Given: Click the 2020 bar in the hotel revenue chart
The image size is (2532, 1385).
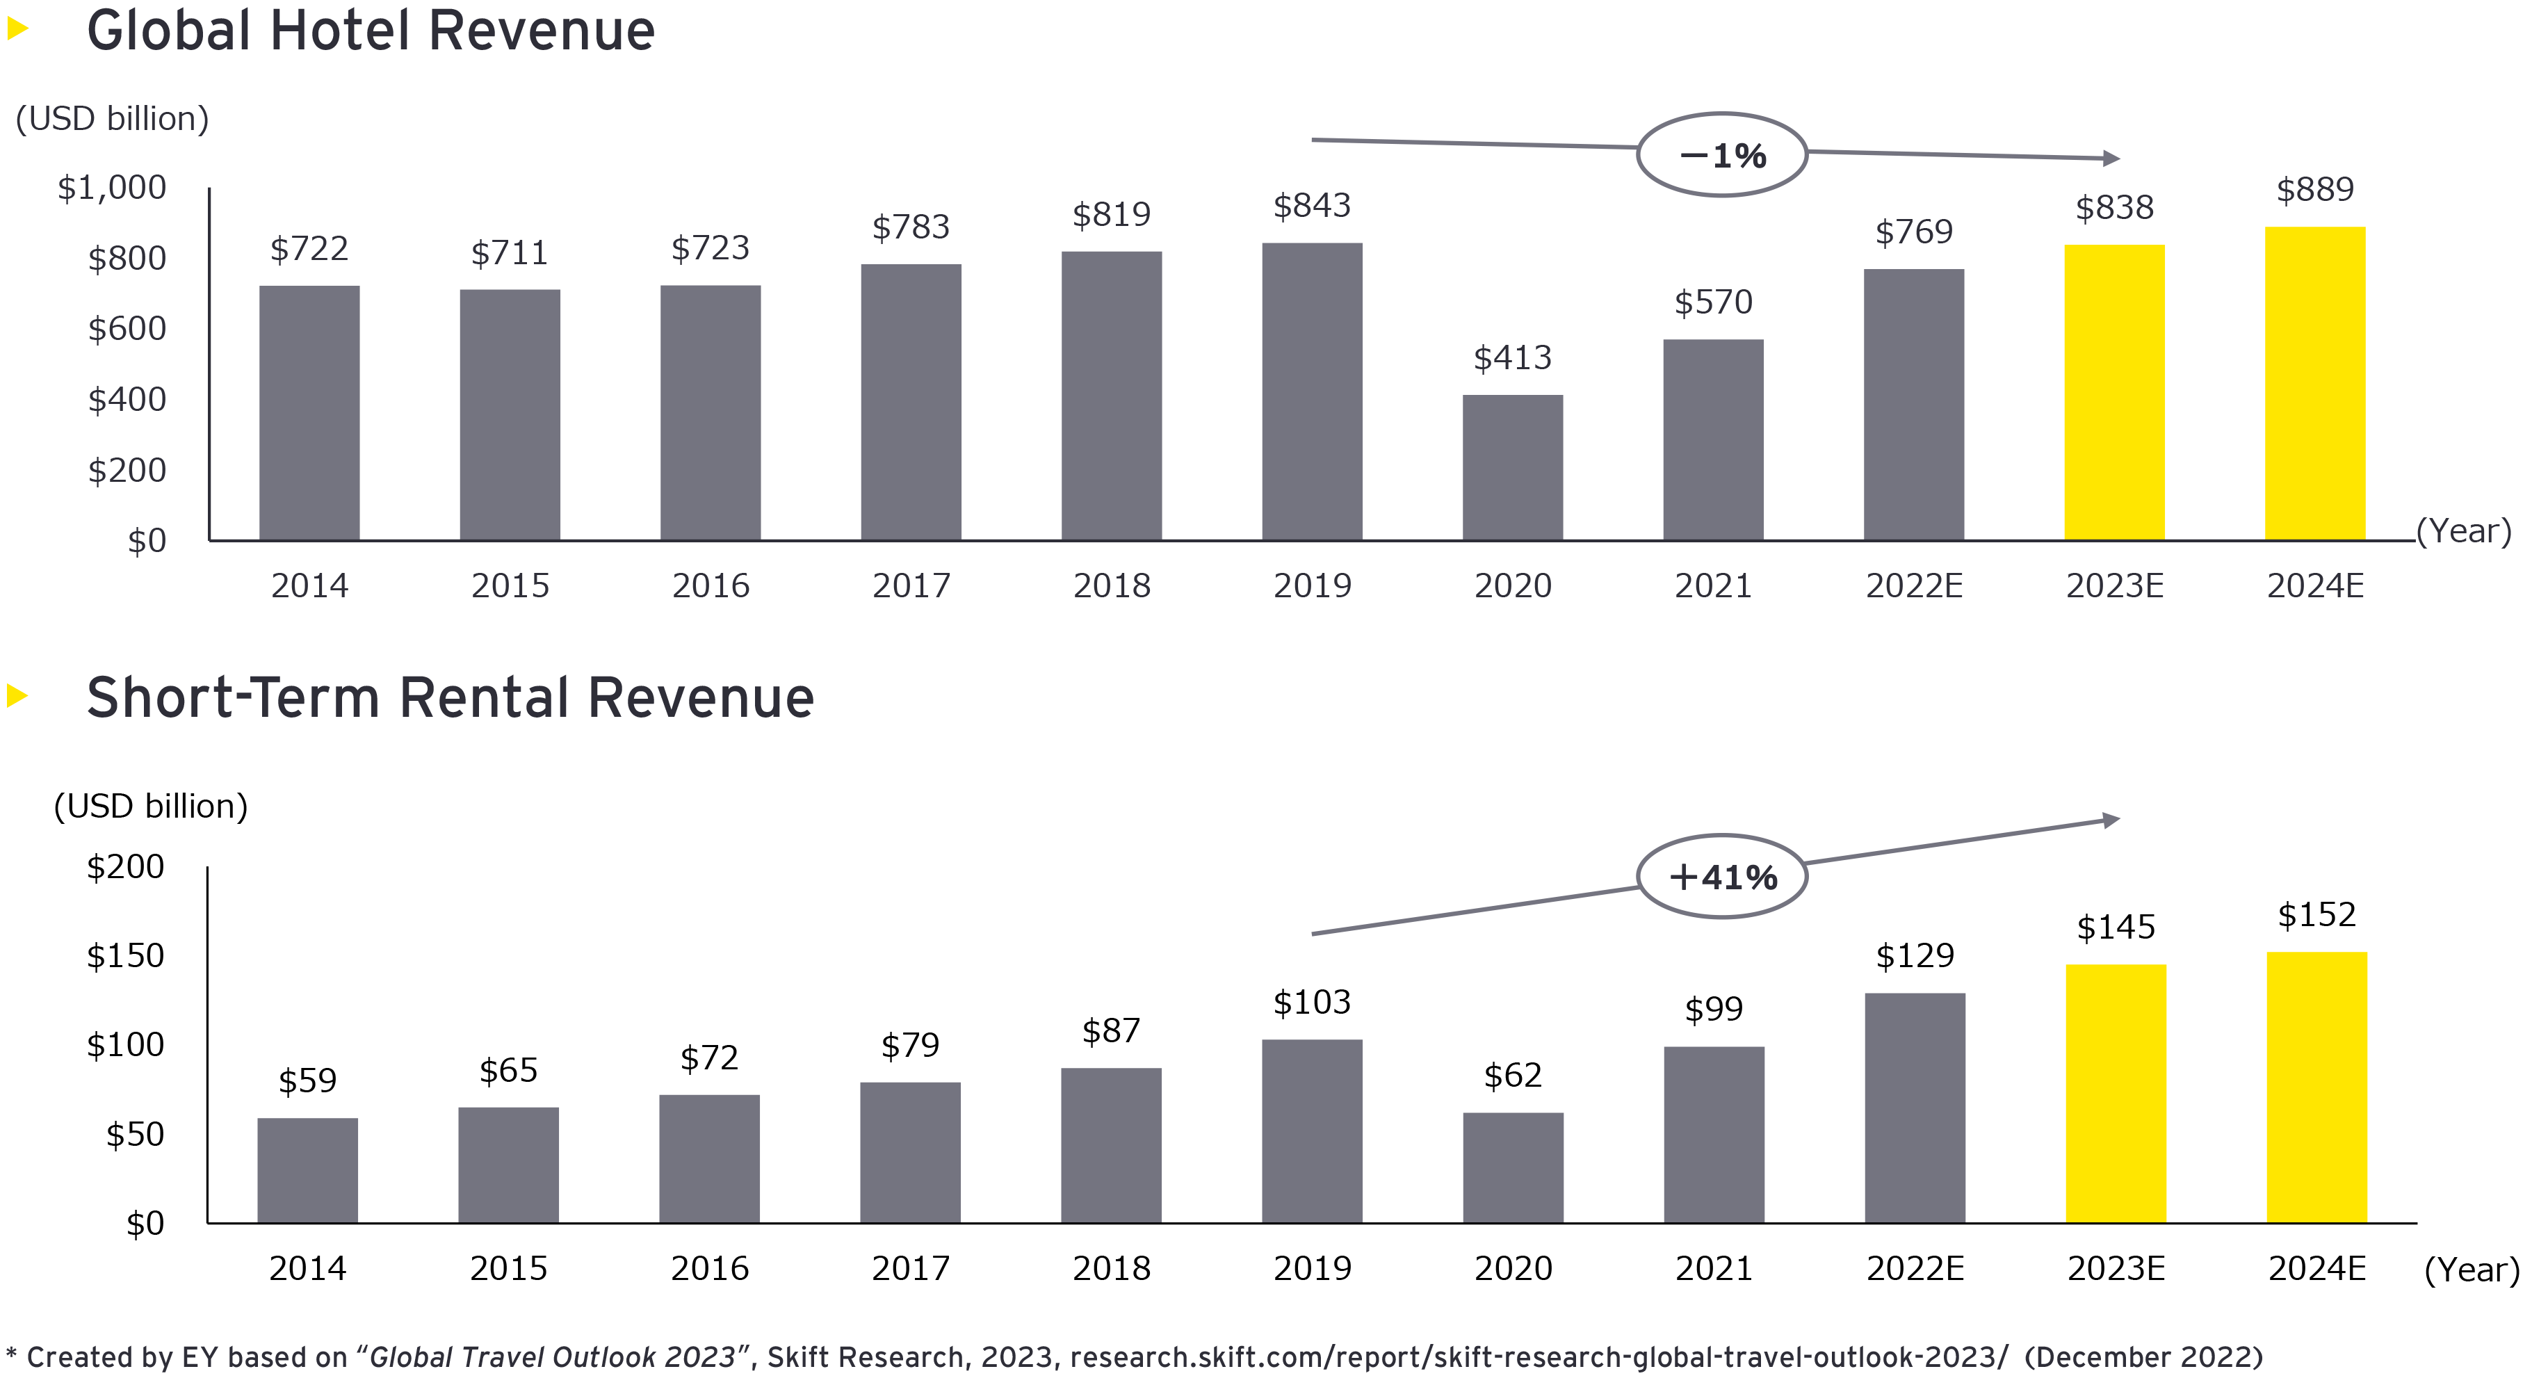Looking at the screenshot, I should coord(1511,467).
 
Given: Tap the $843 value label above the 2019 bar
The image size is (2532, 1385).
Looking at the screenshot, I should coord(1311,205).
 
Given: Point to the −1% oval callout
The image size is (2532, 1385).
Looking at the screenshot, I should coord(1721,155).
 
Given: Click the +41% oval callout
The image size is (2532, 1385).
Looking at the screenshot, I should coord(1721,877).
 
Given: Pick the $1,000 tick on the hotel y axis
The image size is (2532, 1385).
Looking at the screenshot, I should coord(112,187).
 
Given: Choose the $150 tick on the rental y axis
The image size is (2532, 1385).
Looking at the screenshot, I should coord(125,955).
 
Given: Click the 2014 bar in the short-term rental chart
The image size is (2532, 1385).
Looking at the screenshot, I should coord(308,1169).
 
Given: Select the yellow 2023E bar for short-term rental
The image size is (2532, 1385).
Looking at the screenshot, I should coord(2116,1093).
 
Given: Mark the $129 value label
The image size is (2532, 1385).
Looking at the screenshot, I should coord(1915,955).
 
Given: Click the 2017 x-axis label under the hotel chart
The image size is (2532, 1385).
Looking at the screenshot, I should coord(911,586).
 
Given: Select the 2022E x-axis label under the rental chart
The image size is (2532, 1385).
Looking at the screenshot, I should coord(1915,1268).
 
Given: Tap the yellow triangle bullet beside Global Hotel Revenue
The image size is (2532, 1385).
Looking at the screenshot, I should coord(17,28).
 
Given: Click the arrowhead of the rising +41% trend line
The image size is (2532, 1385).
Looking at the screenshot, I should coord(2110,820).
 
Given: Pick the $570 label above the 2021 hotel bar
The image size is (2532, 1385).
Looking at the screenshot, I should coord(1712,302).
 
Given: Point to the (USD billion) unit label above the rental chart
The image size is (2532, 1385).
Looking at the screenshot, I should coord(150,806).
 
